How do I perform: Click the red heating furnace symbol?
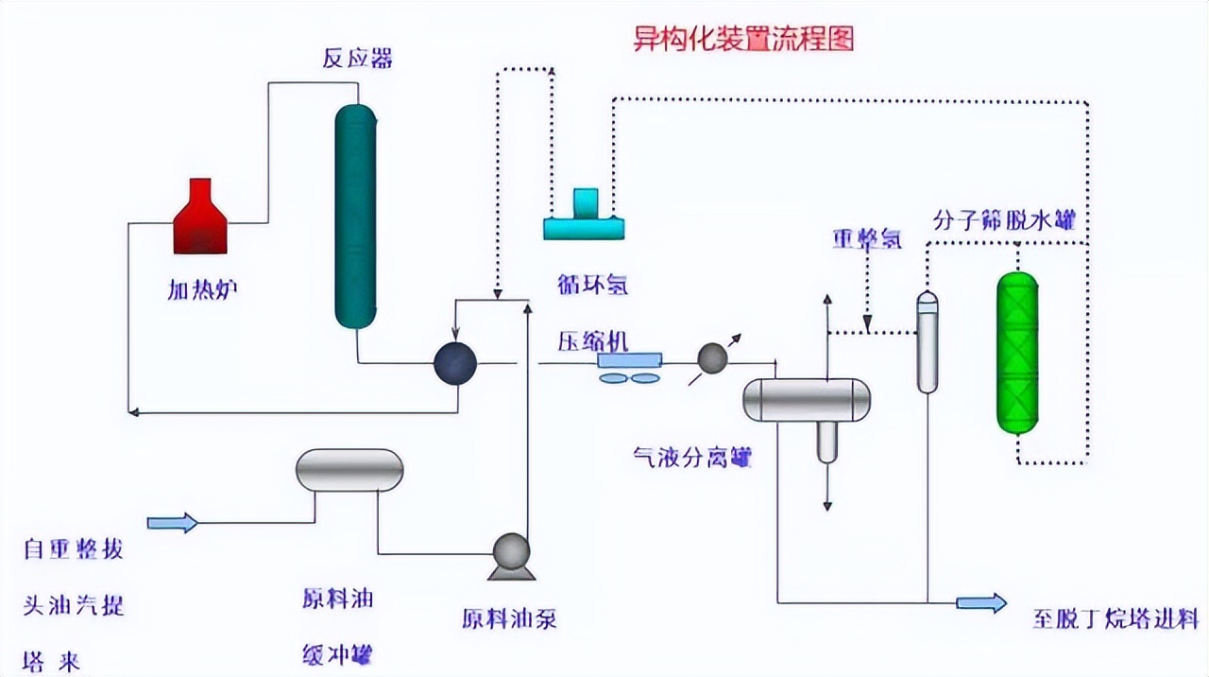coord(200,218)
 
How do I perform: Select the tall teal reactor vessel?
coord(356,216)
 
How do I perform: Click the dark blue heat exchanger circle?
coord(455,362)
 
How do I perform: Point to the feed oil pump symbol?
coord(511,554)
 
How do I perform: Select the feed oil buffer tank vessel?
coord(349,470)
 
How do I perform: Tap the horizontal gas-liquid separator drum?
coord(806,399)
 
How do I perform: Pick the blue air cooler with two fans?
coord(630,366)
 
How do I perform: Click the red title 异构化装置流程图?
coord(743,39)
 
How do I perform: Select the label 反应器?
coord(357,59)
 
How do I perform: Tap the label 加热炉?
coord(202,289)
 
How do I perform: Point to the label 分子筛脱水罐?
coord(1004,220)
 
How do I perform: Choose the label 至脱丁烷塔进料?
coord(1115,619)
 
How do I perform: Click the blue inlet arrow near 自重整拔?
coord(173,522)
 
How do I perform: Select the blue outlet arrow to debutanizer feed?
coord(981,602)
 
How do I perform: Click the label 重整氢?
coord(866,238)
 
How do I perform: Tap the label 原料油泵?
coord(509,619)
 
